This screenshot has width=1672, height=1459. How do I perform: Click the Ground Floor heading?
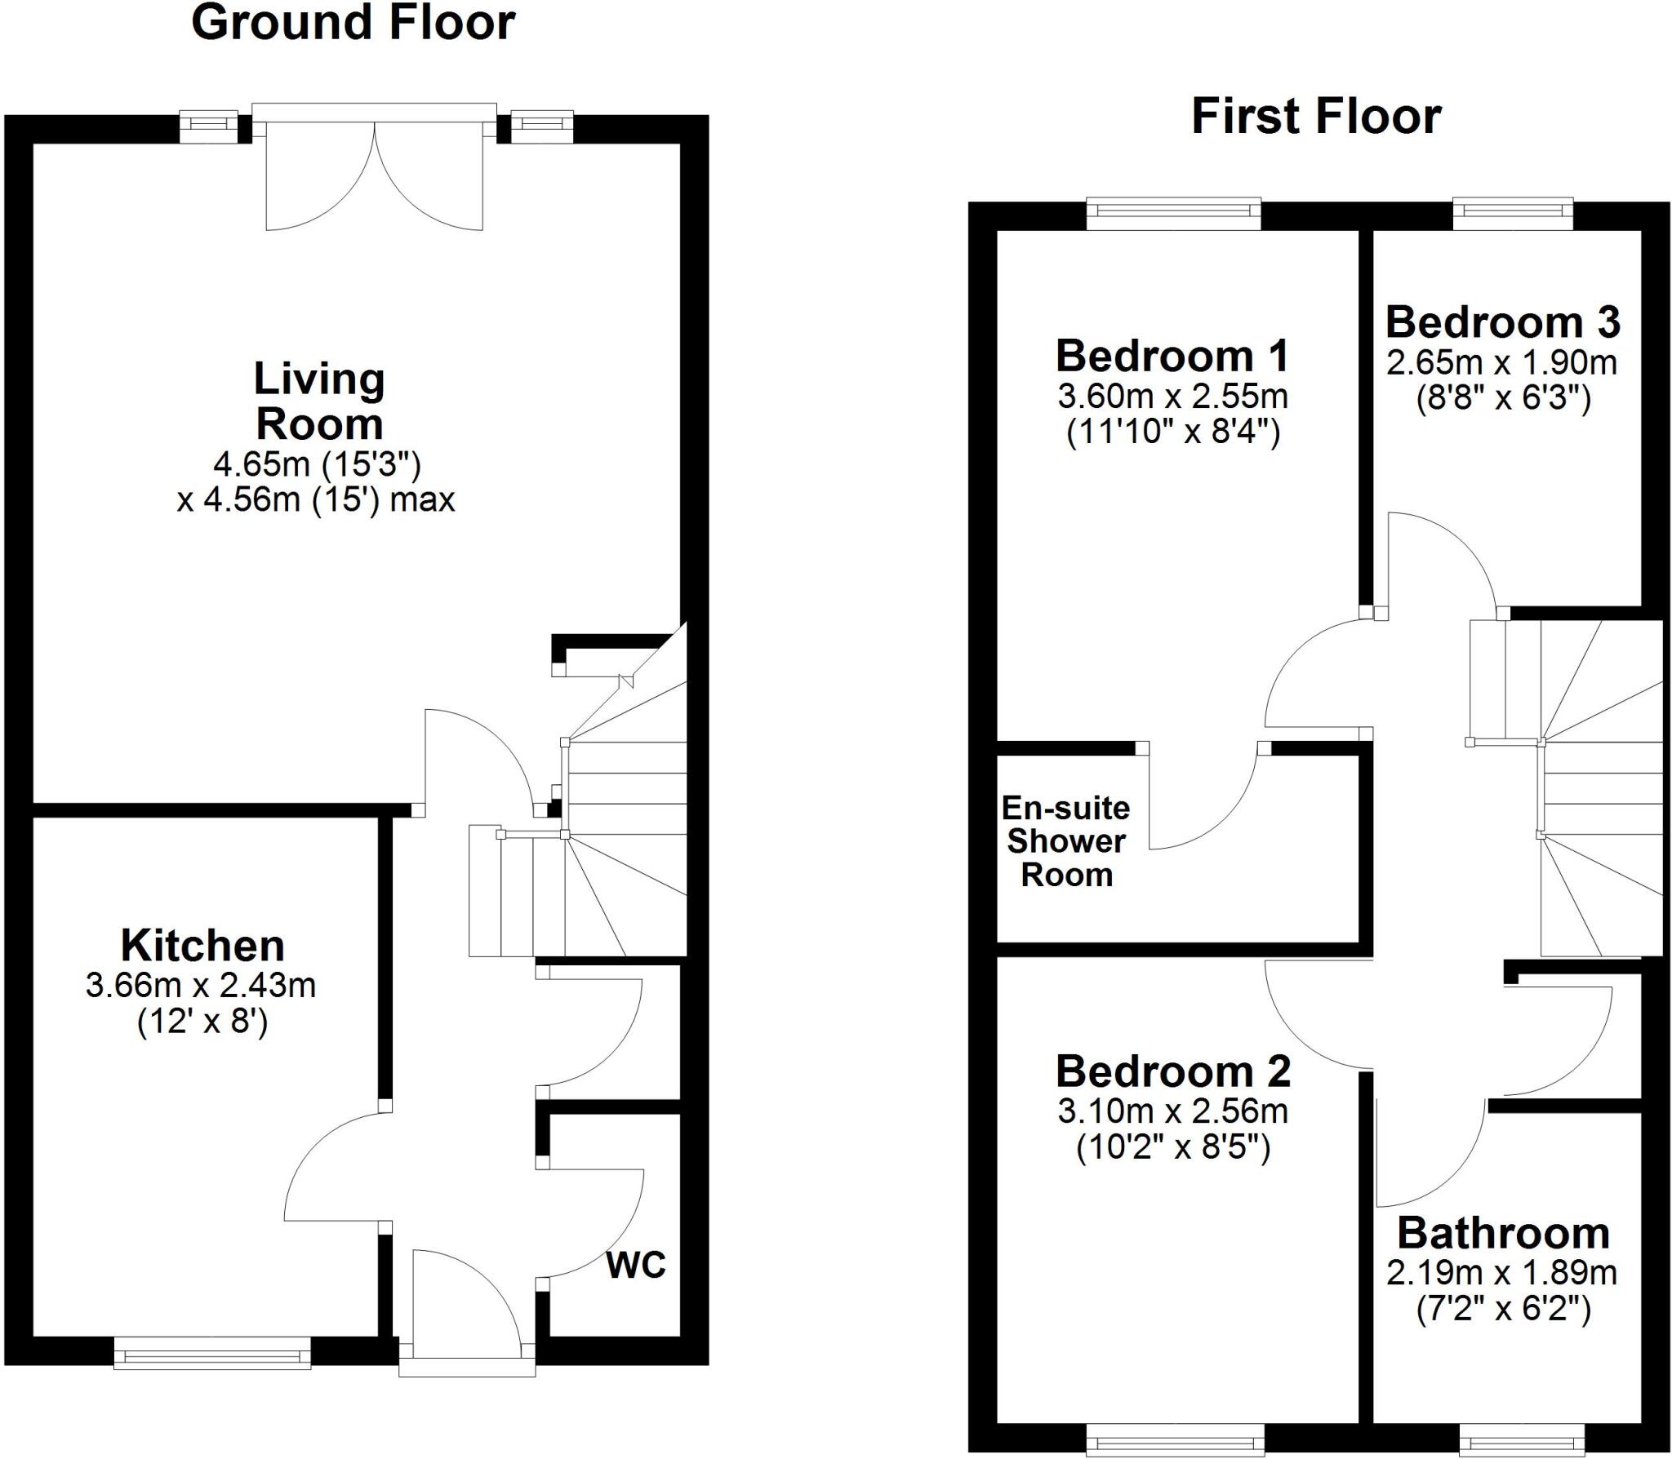click(353, 23)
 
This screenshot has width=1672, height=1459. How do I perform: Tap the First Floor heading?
click(1316, 117)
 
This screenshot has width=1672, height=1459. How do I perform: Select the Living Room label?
click(318, 401)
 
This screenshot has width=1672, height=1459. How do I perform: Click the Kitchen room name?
click(202, 947)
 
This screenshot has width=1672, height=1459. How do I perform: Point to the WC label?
click(636, 1265)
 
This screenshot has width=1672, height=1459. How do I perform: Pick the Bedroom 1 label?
click(1172, 357)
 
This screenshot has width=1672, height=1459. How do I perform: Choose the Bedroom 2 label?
click(1173, 1071)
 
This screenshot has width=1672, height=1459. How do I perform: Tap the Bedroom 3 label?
click(1502, 322)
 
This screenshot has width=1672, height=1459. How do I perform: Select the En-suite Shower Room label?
click(1066, 841)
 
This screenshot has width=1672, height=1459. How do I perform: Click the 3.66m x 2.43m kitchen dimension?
click(201, 986)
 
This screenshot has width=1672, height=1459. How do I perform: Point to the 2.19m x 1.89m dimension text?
click(1501, 1272)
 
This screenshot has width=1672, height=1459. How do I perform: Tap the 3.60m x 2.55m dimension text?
click(1172, 397)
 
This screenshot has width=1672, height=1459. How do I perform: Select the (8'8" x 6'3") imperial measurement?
click(1502, 400)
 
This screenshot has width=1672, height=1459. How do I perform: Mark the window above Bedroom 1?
click(1174, 212)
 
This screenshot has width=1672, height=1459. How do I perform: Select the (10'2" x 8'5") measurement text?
click(1173, 1149)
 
